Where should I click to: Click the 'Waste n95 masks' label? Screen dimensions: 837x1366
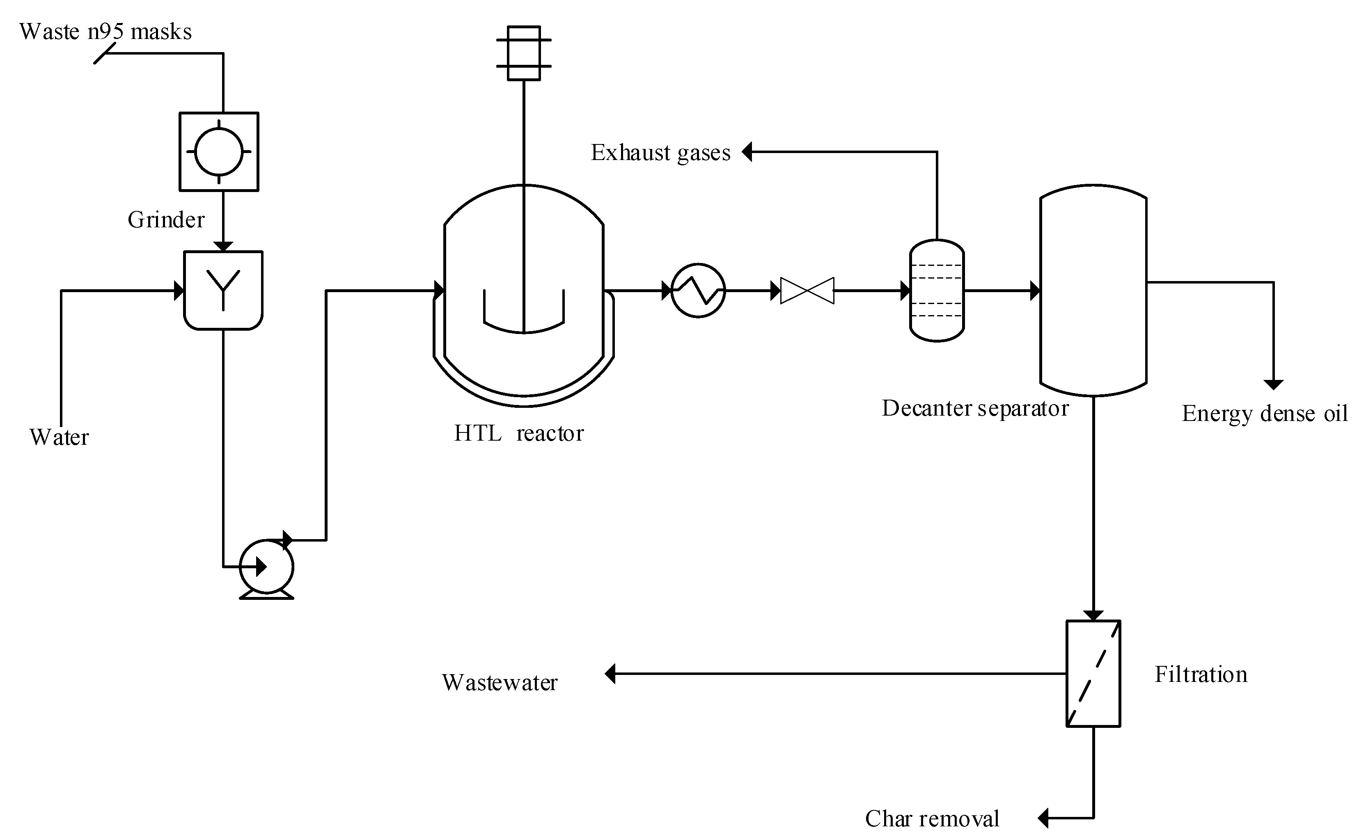click(x=105, y=32)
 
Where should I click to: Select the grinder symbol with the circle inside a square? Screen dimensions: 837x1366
click(x=219, y=152)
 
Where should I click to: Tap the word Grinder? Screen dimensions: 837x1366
click(x=166, y=220)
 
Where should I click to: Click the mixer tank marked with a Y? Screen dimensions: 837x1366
click(x=223, y=290)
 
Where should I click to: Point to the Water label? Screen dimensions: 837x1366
click(x=59, y=437)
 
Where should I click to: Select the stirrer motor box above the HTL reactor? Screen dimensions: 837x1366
click(x=524, y=53)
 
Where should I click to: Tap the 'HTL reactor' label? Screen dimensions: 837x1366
click(x=519, y=433)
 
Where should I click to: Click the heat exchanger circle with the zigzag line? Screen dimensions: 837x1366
click(x=698, y=290)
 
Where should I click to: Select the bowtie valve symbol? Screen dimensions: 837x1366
click(x=807, y=290)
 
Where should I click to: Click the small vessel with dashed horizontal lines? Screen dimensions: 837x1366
click(x=937, y=290)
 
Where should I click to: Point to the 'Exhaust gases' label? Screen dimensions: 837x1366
click(x=660, y=153)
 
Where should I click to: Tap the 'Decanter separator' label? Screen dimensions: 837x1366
click(x=975, y=409)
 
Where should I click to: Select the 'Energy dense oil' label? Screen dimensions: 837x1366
click(x=1265, y=414)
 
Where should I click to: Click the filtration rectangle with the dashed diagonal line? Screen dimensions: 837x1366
click(x=1093, y=673)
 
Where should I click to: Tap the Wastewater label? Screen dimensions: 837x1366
click(x=500, y=682)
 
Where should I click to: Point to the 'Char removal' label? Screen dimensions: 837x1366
click(x=932, y=819)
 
